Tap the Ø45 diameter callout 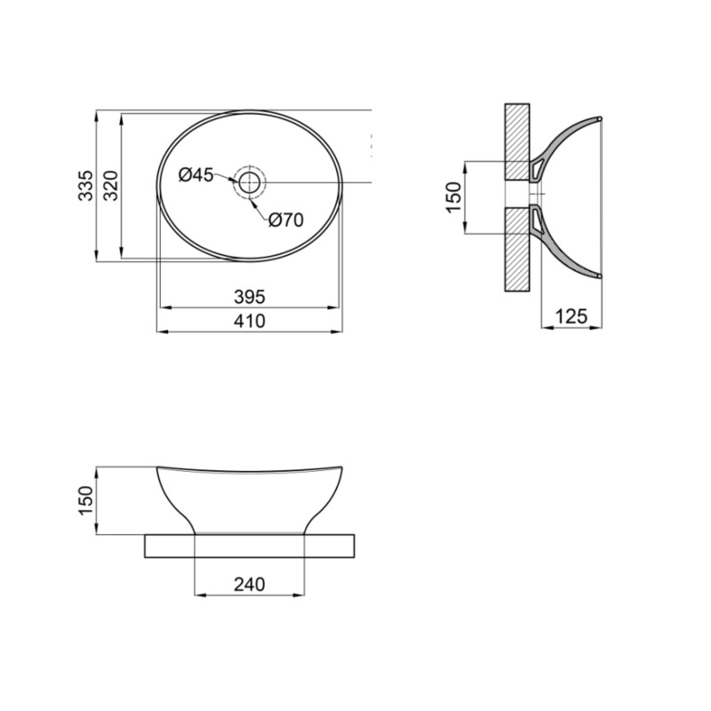pos(196,175)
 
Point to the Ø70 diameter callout pos(286,220)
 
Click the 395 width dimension pos(250,297)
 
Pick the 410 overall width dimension pos(250,322)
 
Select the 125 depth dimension pos(573,316)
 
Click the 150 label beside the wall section pos(453,197)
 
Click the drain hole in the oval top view pos(250,183)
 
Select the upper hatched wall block pos(517,140)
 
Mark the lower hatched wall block pos(517,249)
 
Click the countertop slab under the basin pos(250,546)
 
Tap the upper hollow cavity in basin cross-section pos(538,166)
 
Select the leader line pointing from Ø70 pos(260,207)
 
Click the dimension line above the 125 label pos(573,328)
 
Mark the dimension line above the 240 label pos(250,595)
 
